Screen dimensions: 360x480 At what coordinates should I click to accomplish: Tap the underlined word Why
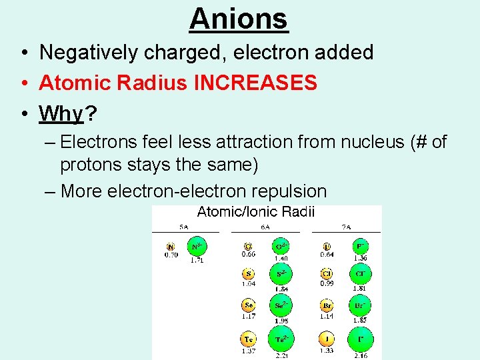[61, 114]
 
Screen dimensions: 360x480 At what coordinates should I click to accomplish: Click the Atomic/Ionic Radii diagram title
[256, 213]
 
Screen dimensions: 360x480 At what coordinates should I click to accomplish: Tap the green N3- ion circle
[197, 247]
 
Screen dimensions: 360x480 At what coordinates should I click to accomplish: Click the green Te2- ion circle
[281, 339]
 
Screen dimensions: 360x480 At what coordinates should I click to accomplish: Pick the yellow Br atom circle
[327, 306]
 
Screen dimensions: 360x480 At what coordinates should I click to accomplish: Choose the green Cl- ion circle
[361, 273]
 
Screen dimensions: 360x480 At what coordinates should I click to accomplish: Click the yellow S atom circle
[249, 273]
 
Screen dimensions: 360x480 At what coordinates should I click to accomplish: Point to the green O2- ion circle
[281, 247]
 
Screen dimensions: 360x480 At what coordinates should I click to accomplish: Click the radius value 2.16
[361, 356]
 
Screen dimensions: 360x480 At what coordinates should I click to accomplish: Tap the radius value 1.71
[197, 260]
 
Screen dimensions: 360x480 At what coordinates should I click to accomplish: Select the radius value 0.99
[327, 283]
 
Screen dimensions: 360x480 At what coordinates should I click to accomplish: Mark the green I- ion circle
[361, 339]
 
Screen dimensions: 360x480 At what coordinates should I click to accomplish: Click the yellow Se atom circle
[249, 306]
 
